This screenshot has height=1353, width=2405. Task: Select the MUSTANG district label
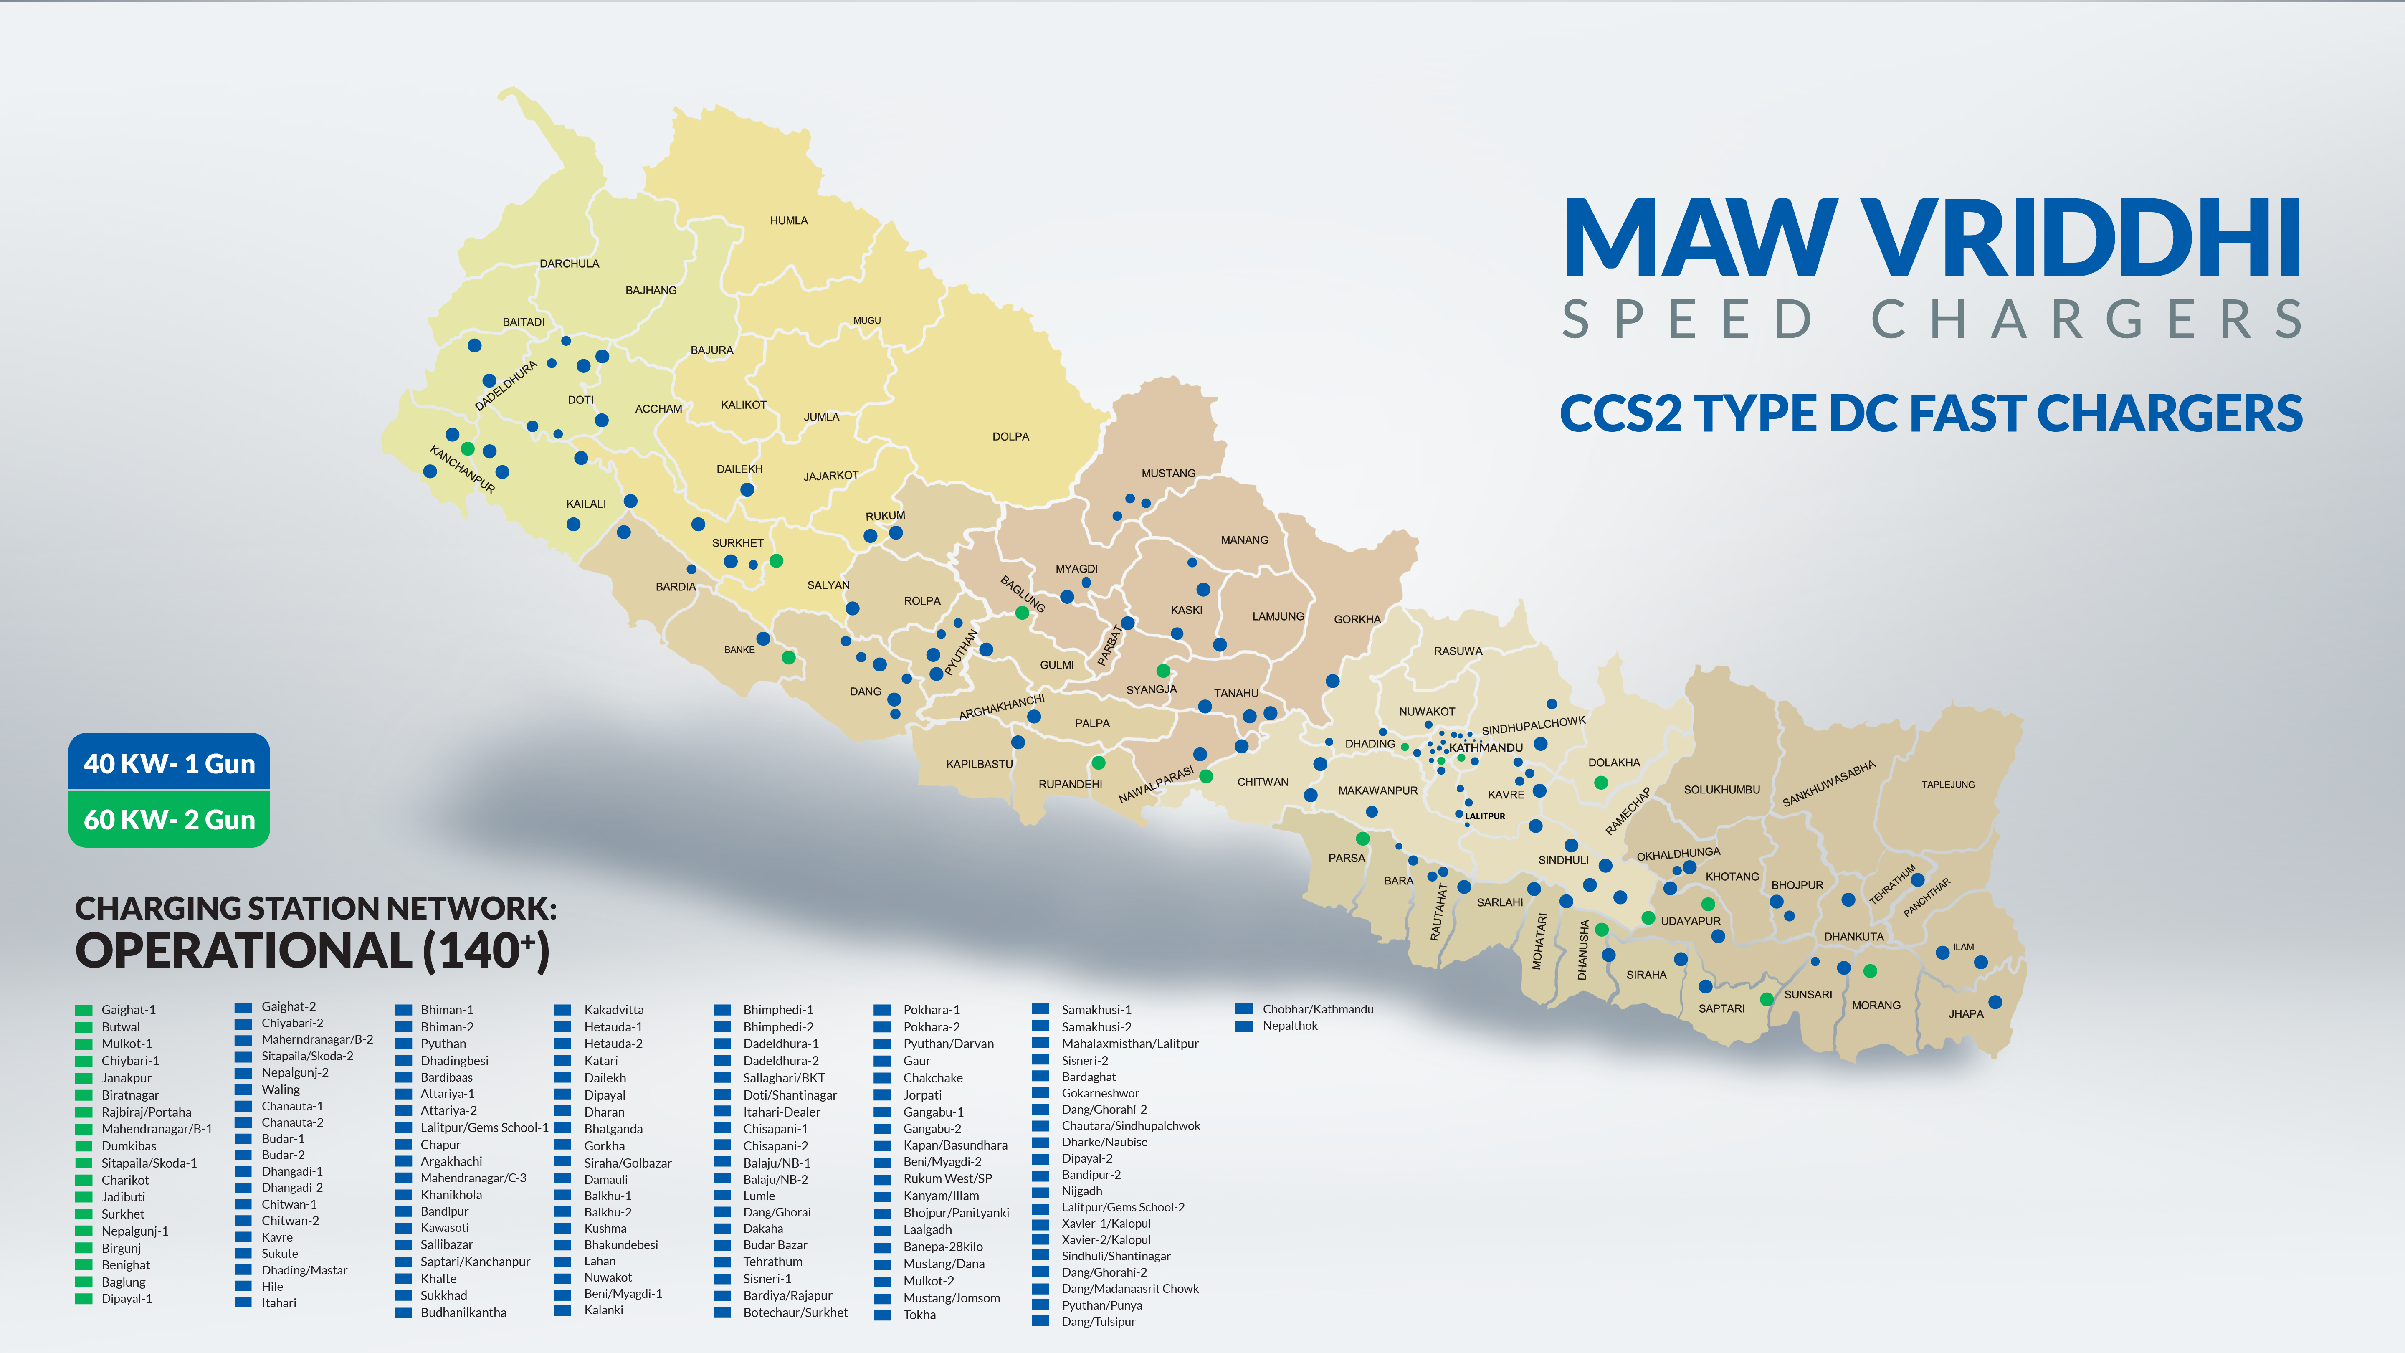(1168, 474)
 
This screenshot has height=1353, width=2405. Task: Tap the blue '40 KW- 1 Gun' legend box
(169, 763)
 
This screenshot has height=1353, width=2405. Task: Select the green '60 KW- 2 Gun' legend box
(169, 819)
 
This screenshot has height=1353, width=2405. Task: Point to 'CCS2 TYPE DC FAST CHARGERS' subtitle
(1931, 414)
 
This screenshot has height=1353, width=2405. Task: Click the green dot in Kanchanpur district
(468, 449)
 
